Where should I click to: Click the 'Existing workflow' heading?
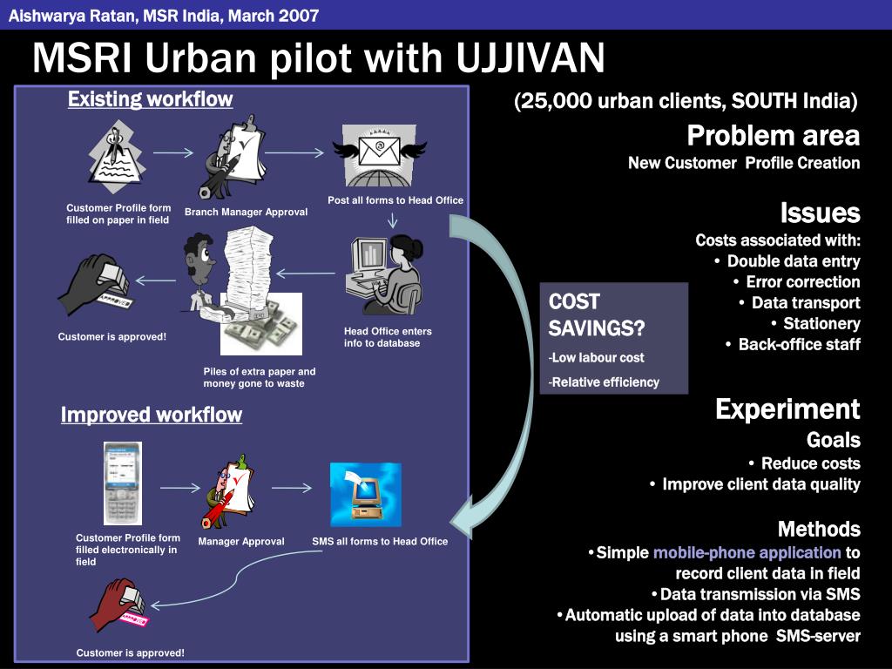point(150,99)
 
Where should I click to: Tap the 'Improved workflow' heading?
point(152,415)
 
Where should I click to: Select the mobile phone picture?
point(122,483)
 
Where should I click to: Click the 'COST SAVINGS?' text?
point(596,314)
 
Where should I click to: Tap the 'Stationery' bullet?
point(821,324)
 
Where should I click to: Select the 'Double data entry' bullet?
point(794,261)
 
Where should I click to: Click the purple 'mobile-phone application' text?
point(747,552)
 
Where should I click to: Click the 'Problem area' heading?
point(774,135)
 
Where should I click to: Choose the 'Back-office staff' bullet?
point(800,344)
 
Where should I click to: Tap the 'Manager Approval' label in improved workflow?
point(241,542)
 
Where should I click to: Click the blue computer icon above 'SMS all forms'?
point(366,495)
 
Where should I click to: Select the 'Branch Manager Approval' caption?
point(247,213)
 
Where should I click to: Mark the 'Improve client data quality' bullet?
point(761,484)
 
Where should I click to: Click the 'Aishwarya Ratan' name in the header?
point(72,16)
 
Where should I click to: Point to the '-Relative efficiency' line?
point(604,382)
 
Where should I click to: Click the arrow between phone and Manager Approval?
point(179,488)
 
